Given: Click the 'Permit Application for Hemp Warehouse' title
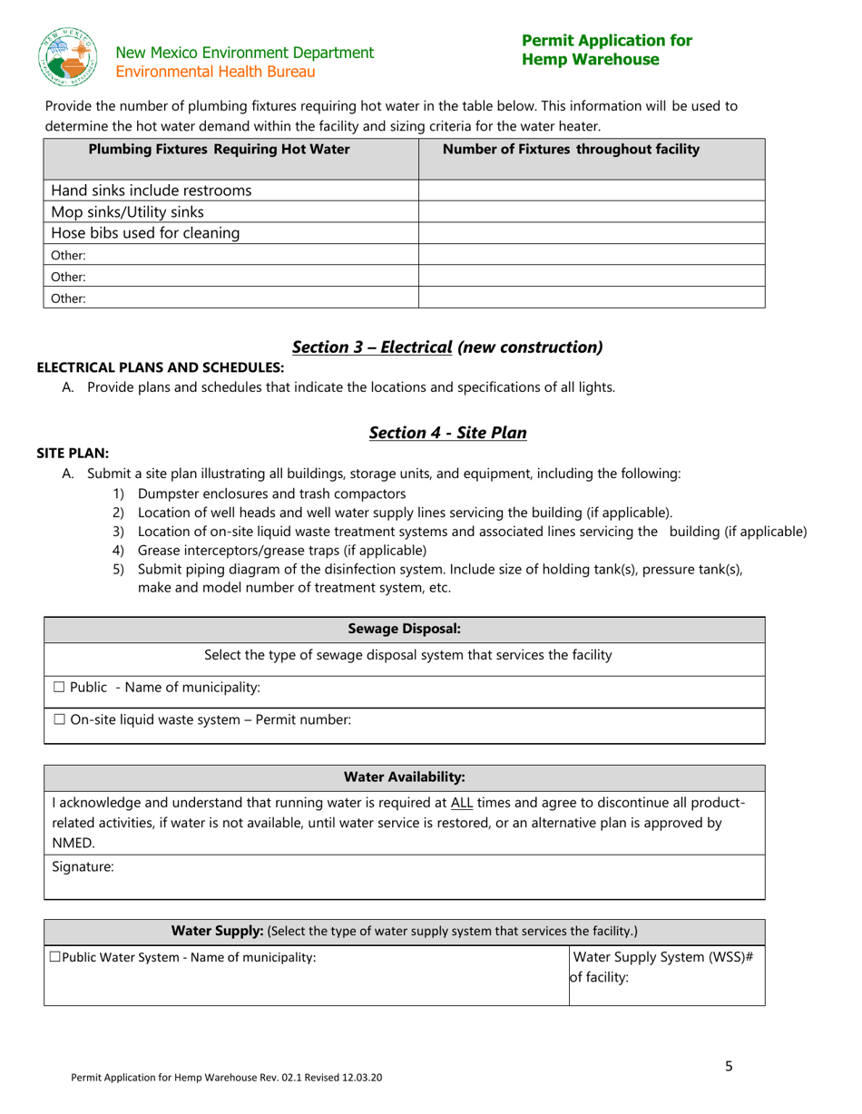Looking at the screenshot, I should coord(606,50).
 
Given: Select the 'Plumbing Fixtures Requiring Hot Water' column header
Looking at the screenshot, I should coord(219,150).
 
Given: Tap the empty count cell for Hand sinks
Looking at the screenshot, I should coord(591,191).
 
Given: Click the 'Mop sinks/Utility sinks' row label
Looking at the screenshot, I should coord(127,212).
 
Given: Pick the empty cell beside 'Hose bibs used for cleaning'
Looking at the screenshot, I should coord(591,233).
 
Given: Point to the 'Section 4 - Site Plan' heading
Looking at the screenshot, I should coord(447,433).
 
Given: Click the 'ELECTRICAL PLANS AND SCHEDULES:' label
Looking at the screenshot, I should coord(160,366).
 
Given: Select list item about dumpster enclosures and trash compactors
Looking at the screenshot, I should coord(271,493).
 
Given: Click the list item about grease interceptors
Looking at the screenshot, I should coord(281,551).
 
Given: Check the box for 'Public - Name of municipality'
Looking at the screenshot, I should coord(59,688).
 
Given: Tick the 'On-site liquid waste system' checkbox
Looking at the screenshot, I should coord(59,720).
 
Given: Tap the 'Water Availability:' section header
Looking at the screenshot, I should coord(404,777).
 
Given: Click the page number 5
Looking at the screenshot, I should coord(729,1067).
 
